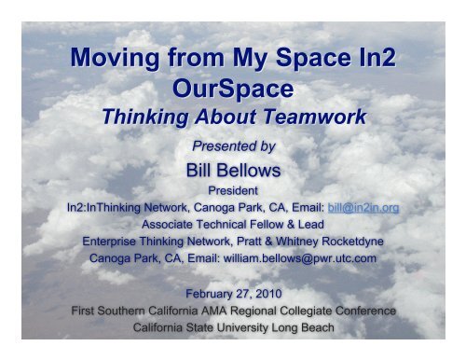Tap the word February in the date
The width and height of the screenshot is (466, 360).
click(203, 296)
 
